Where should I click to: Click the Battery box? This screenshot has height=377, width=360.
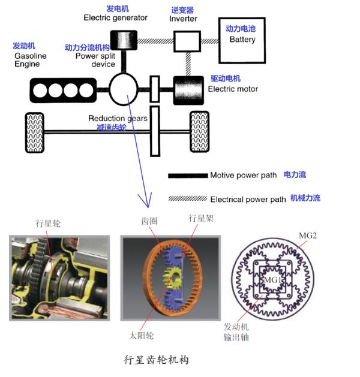tap(241, 40)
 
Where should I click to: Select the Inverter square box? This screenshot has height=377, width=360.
tap(187, 40)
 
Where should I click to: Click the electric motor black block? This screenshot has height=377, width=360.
tap(188, 89)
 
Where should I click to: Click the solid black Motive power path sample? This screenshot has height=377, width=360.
tap(187, 176)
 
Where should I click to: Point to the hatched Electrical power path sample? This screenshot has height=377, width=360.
tap(187, 198)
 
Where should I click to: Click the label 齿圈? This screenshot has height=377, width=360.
tap(148, 221)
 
